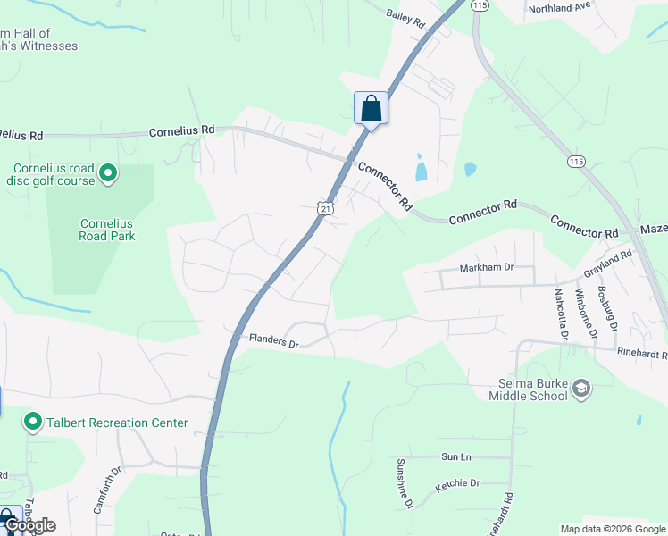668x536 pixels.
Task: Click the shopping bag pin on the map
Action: pyautogui.click(x=371, y=109)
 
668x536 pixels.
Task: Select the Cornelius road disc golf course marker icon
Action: pyautogui.click(x=108, y=172)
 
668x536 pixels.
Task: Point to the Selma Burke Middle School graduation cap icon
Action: pyautogui.click(x=581, y=388)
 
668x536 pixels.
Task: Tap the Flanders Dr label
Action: pyautogui.click(x=272, y=340)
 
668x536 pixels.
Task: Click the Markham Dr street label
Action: pyautogui.click(x=487, y=267)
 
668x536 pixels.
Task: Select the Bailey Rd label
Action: pyautogui.click(x=406, y=19)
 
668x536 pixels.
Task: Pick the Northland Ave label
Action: pyautogui.click(x=560, y=7)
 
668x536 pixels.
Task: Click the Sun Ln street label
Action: pyautogui.click(x=455, y=456)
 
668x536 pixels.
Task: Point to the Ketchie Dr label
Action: pyautogui.click(x=457, y=483)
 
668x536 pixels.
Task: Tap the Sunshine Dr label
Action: pyautogui.click(x=405, y=483)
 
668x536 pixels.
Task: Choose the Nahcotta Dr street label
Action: pyautogui.click(x=560, y=314)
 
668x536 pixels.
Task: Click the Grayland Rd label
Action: pyautogui.click(x=608, y=261)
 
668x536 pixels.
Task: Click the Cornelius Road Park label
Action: pyautogui.click(x=107, y=230)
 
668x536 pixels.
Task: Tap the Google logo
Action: pyautogui.click(x=29, y=525)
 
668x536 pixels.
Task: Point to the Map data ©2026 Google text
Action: pyautogui.click(x=612, y=529)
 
